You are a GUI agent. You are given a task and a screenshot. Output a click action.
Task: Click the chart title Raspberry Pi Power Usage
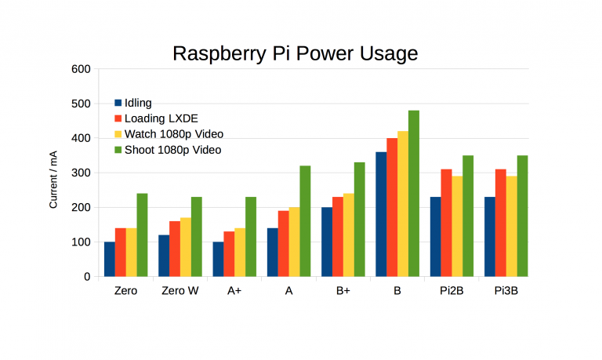pos(295,53)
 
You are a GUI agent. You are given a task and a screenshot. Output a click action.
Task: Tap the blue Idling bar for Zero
pos(110,259)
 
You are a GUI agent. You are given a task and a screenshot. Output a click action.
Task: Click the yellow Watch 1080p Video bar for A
pos(294,242)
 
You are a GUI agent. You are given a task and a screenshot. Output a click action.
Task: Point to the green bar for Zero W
pos(197,236)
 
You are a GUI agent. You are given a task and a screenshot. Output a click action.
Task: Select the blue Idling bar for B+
pos(327,242)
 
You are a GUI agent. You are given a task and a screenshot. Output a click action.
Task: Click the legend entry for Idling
pos(138,103)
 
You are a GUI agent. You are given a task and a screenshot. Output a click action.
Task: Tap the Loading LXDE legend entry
pos(161,118)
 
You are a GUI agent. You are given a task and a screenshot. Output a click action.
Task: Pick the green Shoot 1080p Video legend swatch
pos(118,150)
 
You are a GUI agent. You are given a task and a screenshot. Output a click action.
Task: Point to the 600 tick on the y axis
pos(82,69)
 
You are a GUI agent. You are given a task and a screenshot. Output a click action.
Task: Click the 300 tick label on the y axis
pos(82,173)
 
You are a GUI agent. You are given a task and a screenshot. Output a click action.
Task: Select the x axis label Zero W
pos(180,291)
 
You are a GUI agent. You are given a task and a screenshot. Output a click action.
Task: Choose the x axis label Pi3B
pos(506,291)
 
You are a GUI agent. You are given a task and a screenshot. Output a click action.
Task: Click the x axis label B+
pos(343,291)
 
